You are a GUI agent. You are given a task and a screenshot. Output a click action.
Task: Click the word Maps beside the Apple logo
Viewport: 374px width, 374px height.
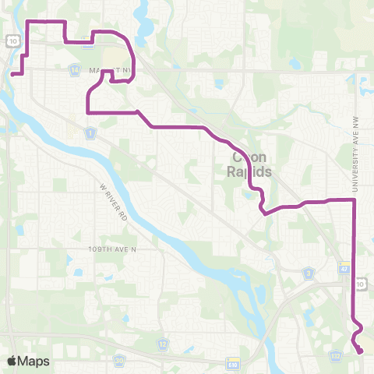(34, 361)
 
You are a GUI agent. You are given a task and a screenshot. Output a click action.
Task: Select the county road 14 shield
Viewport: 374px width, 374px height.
(74, 70)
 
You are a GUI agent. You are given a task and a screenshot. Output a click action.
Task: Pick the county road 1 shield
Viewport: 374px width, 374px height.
(91, 135)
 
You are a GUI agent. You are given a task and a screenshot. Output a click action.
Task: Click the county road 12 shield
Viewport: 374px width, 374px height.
(162, 343)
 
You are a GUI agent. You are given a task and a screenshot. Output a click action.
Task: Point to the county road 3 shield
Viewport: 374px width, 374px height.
(309, 273)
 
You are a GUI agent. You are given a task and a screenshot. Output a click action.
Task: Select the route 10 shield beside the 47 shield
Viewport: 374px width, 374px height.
(360, 285)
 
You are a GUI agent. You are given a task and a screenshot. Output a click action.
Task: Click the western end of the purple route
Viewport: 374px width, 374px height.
(13, 75)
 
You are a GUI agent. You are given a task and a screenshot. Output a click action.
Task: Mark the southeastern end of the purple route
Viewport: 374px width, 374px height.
(362, 352)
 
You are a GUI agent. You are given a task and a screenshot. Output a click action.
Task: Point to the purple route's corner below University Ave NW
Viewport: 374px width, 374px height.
(355, 200)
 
